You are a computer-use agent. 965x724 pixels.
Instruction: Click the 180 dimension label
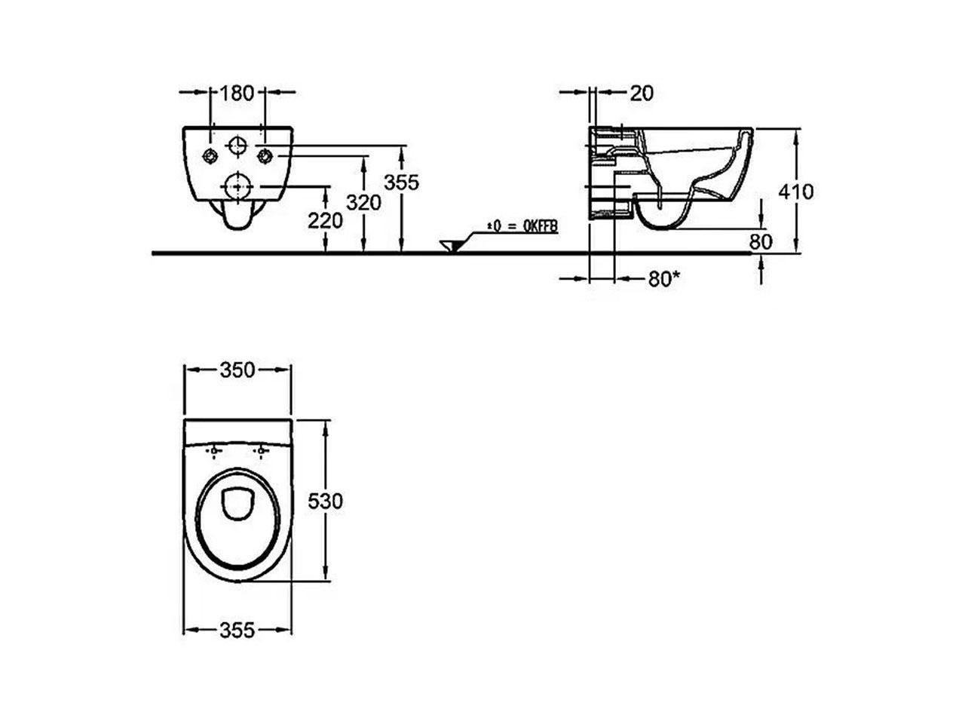(x=237, y=93)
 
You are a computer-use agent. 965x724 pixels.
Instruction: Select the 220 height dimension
(x=325, y=220)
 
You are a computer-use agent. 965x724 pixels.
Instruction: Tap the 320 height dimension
(x=363, y=202)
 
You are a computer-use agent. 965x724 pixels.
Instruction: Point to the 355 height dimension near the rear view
(x=401, y=182)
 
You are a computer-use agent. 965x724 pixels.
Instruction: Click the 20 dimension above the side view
(x=642, y=94)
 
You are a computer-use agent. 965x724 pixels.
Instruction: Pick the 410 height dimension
(x=795, y=192)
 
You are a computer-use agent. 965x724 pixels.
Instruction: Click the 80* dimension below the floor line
(x=664, y=279)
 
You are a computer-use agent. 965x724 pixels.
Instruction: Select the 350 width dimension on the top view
(x=237, y=370)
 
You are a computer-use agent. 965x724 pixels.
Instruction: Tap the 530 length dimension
(x=326, y=501)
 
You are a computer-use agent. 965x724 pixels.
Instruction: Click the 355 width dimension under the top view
(x=237, y=630)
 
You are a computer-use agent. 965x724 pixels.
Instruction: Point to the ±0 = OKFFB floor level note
(x=522, y=226)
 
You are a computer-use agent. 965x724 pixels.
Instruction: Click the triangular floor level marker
(x=451, y=246)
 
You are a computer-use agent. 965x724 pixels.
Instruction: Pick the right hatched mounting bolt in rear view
(x=265, y=155)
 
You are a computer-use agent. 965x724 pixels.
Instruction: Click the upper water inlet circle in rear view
(x=237, y=144)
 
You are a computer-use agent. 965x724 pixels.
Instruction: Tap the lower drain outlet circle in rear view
(x=237, y=187)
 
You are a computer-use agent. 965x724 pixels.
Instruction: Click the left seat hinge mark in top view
(x=214, y=451)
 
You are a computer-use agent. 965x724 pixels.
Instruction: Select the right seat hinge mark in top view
(x=262, y=451)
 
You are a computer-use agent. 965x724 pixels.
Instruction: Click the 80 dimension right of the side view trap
(x=761, y=241)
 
